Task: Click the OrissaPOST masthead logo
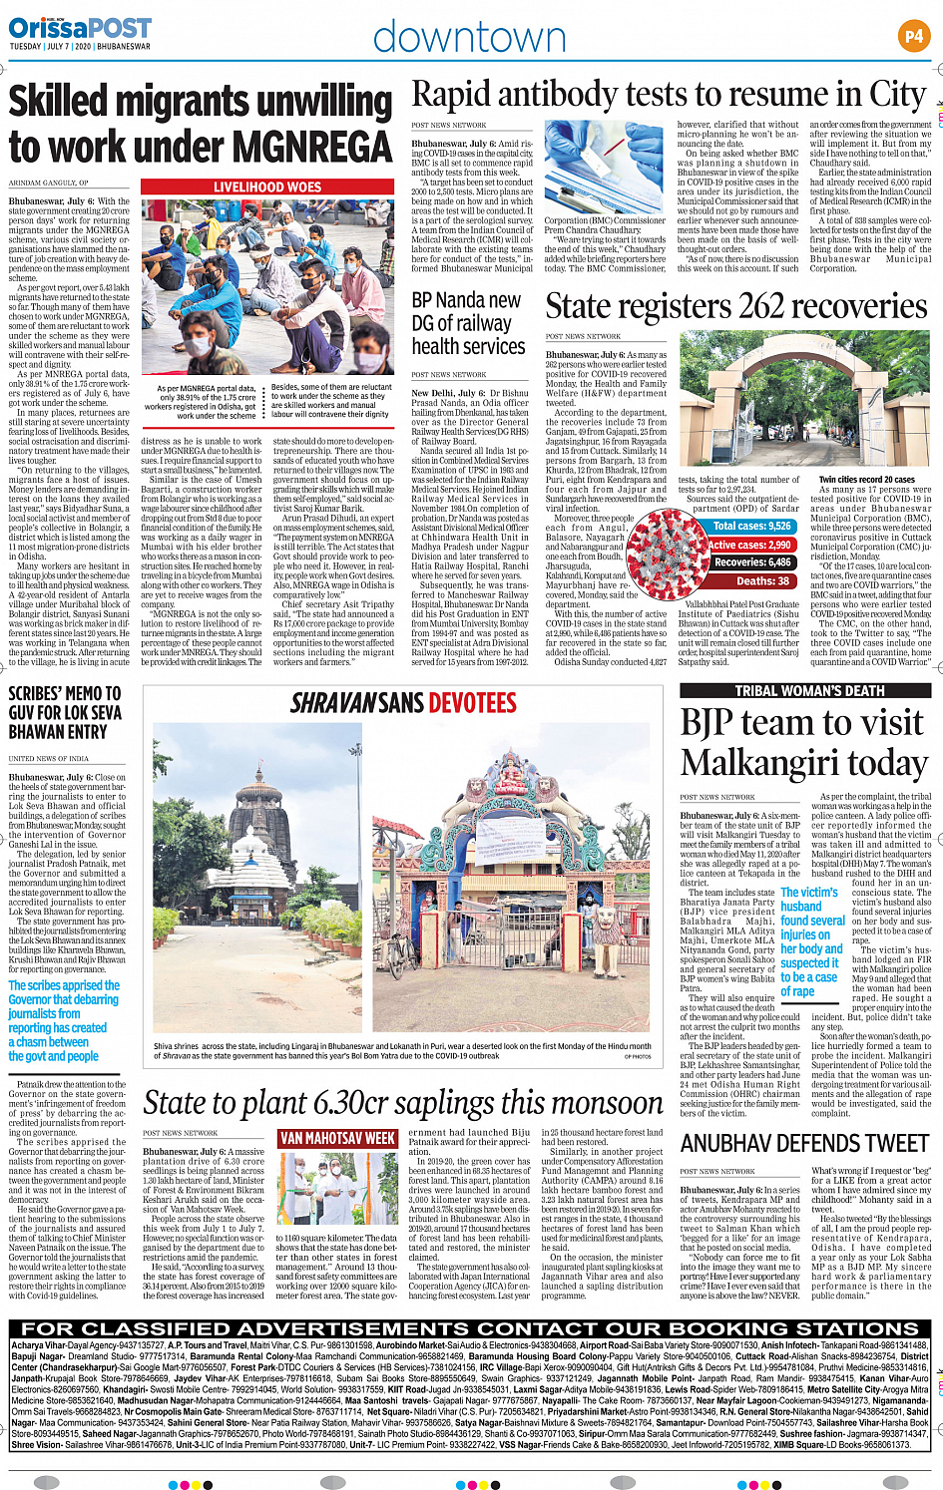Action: click(x=81, y=28)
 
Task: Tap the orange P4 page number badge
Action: click(x=913, y=37)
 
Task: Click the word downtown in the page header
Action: click(x=469, y=38)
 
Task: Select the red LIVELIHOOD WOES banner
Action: click(x=267, y=186)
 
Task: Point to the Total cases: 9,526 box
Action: click(x=751, y=526)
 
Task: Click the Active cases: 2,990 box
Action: click(x=750, y=545)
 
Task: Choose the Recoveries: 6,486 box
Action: click(x=752, y=562)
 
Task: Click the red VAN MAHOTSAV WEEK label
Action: click(x=337, y=1138)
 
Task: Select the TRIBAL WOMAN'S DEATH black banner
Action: click(x=809, y=690)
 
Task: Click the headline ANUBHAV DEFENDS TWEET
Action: click(x=804, y=1143)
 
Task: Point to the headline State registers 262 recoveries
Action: click(x=736, y=306)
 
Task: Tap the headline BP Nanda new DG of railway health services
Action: click(x=468, y=323)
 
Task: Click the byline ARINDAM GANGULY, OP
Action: click(x=49, y=184)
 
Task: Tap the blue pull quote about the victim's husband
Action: click(x=811, y=941)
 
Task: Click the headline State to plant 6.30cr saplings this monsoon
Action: click(x=403, y=1103)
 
